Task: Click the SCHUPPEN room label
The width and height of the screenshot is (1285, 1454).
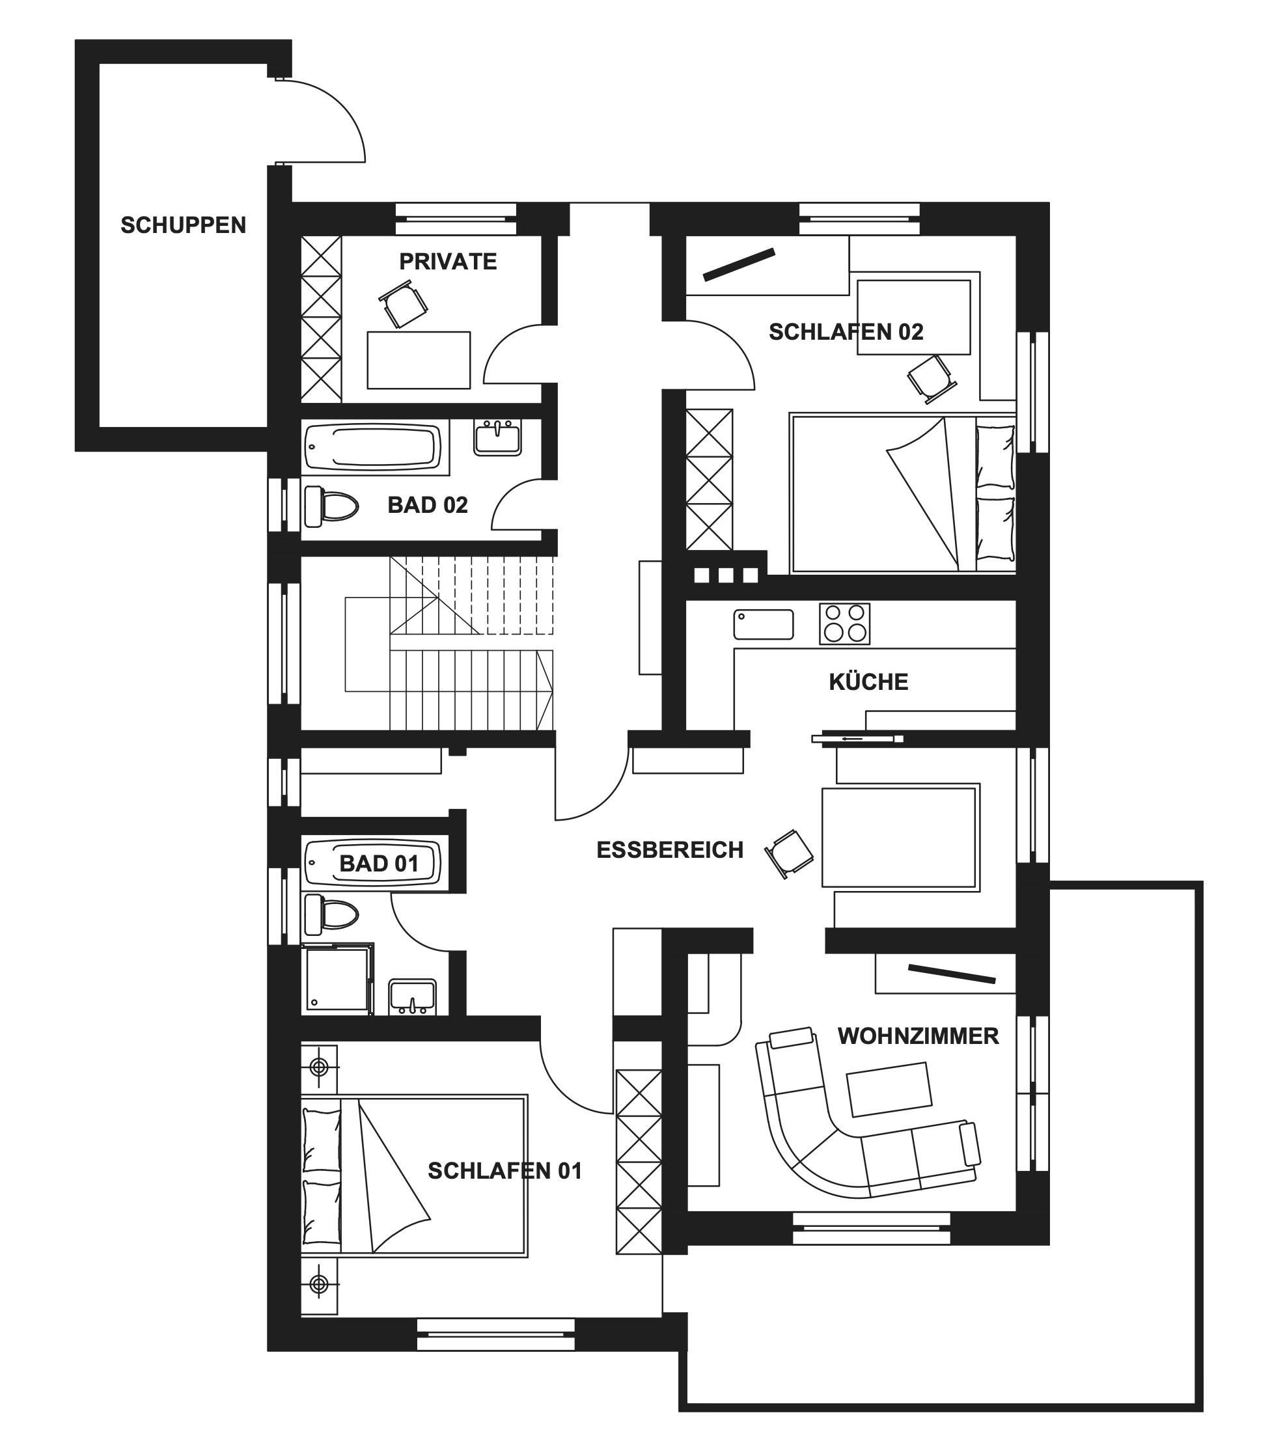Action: pos(183,225)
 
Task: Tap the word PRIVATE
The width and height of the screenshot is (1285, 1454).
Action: pos(448,262)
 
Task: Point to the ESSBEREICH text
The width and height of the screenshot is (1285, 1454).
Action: pos(670,850)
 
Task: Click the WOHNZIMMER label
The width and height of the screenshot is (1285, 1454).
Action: pos(918,1036)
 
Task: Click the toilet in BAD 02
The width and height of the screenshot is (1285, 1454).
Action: pos(331,506)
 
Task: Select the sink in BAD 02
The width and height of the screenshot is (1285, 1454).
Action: pos(497,437)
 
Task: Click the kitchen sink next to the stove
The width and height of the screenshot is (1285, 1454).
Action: pos(764,624)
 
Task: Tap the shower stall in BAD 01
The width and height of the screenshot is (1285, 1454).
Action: pos(337,979)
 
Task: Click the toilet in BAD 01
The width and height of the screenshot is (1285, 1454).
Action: pos(331,915)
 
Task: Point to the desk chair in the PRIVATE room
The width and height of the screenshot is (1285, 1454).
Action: pos(403,304)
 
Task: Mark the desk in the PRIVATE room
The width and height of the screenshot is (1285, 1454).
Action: pos(419,360)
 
